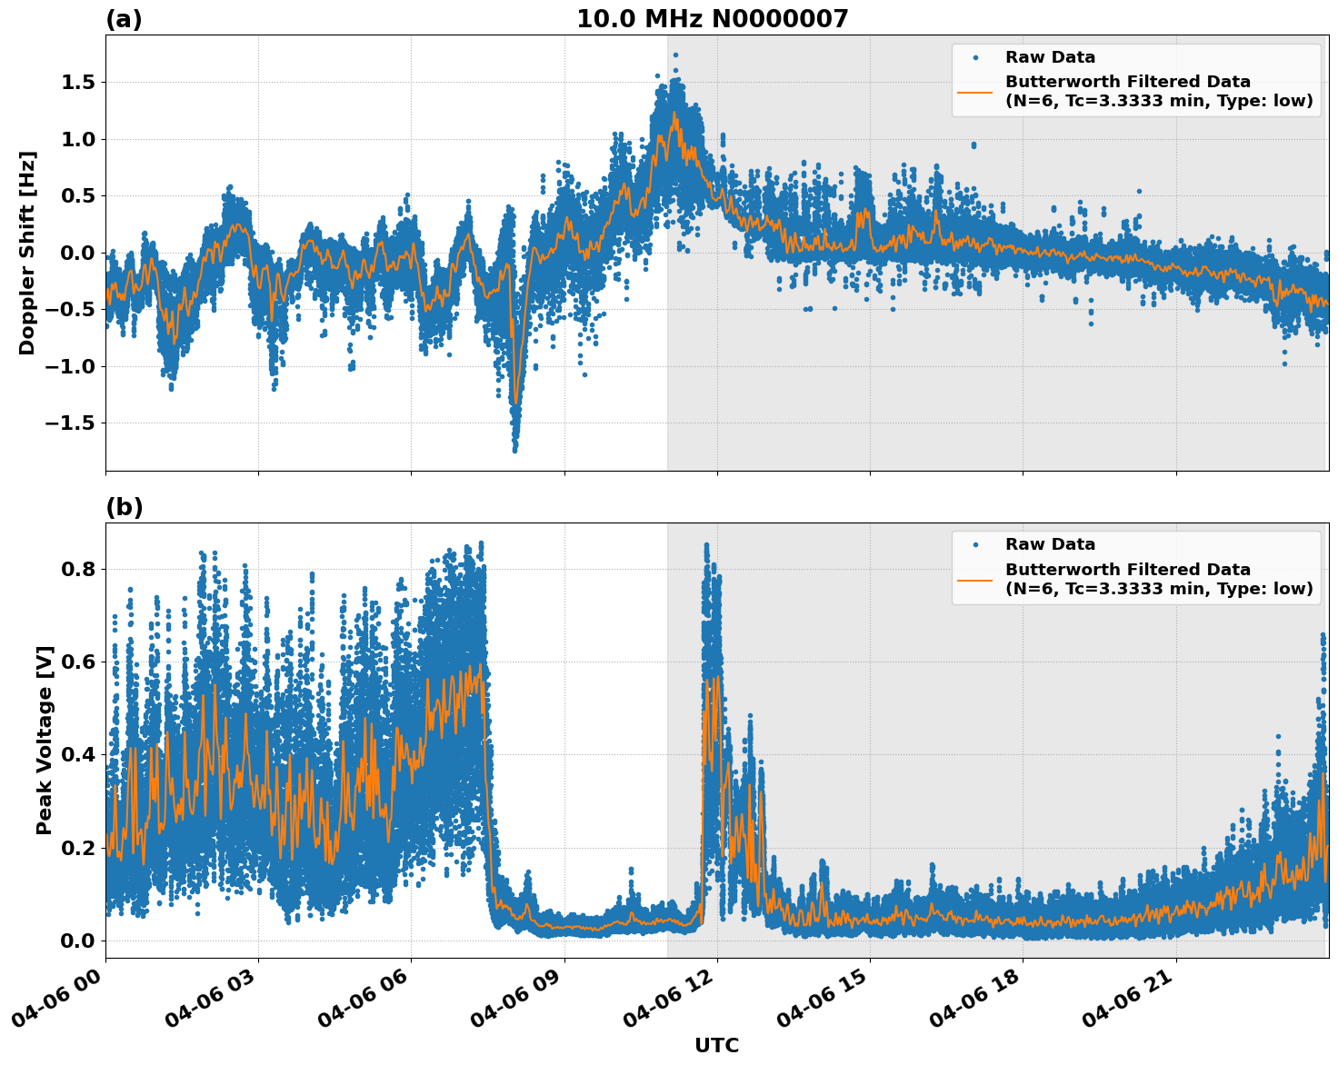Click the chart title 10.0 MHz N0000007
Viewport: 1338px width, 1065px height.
(x=712, y=19)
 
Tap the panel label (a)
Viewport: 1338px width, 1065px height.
(x=124, y=19)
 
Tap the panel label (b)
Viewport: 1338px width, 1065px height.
(x=124, y=507)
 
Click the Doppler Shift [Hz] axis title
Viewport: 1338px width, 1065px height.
(x=28, y=253)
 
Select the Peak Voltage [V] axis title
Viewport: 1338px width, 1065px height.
(x=45, y=740)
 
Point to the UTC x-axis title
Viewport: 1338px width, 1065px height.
(x=716, y=1045)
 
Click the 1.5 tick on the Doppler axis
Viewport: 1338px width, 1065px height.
(x=77, y=83)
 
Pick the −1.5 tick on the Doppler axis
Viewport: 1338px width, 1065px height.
(x=70, y=423)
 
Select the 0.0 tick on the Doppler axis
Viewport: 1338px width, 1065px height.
(x=77, y=253)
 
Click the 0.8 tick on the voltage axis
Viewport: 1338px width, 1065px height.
(x=77, y=570)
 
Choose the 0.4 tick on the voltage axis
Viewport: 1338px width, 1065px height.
(x=77, y=755)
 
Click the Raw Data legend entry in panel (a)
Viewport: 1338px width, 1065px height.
(x=1050, y=57)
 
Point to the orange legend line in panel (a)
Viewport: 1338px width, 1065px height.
(x=974, y=91)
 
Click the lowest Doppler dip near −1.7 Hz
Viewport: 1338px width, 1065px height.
(x=514, y=449)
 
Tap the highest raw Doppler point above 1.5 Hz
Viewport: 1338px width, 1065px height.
(x=675, y=55)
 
